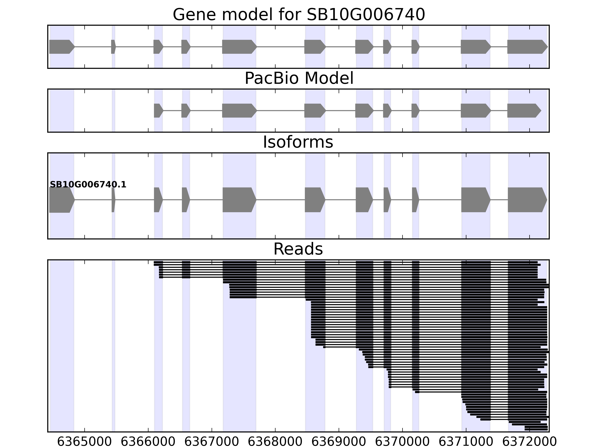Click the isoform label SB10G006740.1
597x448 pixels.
point(88,185)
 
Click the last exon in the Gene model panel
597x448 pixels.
point(526,47)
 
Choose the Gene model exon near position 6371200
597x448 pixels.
point(475,47)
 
